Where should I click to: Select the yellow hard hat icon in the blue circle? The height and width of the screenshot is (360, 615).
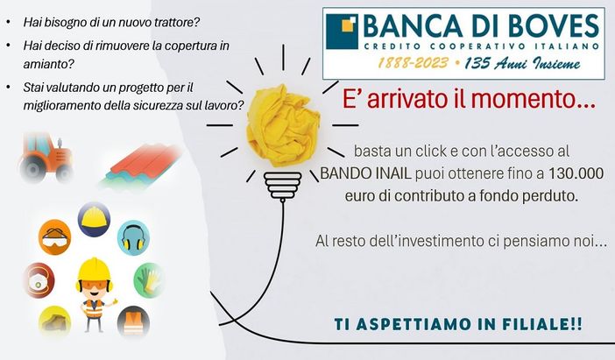pos(94,218)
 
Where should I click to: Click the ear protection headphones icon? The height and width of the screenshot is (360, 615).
pos(134,237)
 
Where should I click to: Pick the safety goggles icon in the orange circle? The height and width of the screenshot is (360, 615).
pos(54,236)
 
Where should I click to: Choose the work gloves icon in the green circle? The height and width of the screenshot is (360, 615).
pos(150,280)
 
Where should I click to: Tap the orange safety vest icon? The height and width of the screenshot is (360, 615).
pos(132,321)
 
